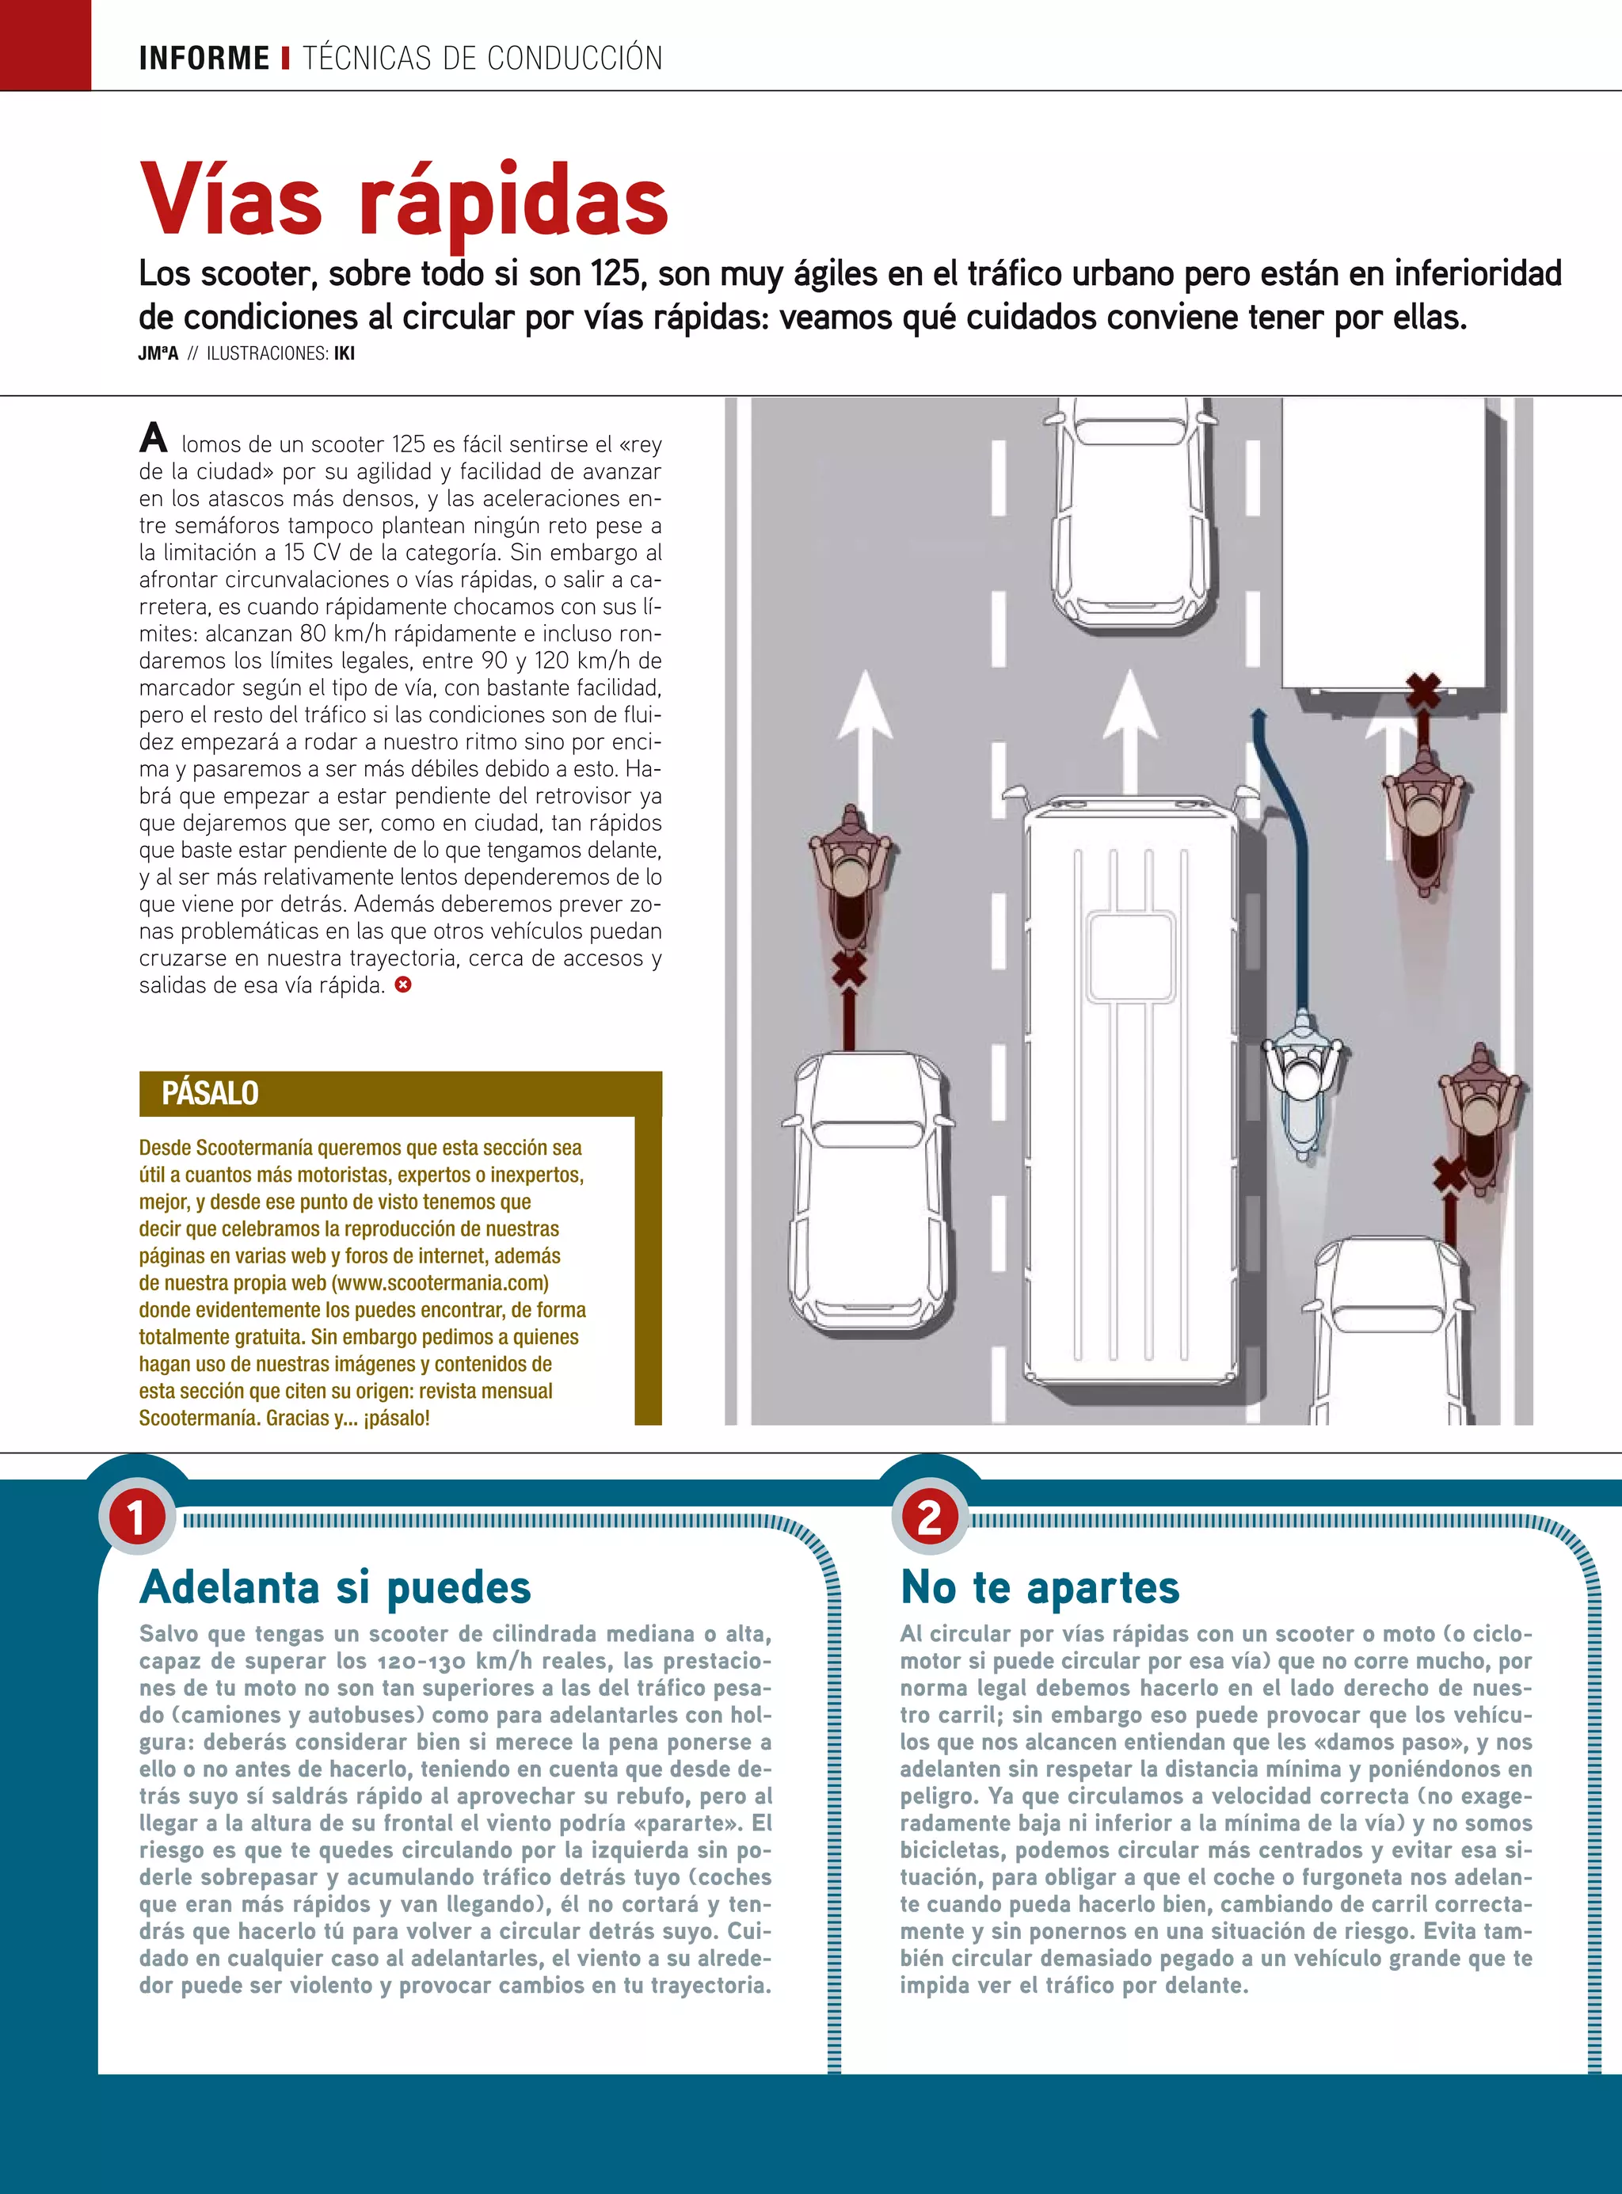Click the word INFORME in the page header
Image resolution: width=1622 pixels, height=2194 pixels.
click(x=204, y=58)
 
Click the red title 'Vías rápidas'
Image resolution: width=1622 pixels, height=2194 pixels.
click(x=404, y=202)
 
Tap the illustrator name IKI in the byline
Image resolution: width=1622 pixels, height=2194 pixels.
click(x=344, y=353)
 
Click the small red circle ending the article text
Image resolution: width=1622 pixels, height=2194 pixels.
click(x=402, y=984)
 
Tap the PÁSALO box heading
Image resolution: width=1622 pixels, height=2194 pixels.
click(x=210, y=1092)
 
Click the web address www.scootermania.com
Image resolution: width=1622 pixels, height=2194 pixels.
click(x=440, y=1283)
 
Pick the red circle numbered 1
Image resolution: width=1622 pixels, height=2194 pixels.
click(x=136, y=1518)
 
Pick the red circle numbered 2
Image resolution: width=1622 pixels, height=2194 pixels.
click(x=929, y=1518)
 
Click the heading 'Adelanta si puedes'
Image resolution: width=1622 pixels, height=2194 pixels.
click(x=335, y=1587)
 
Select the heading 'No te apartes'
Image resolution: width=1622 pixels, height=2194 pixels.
click(x=1040, y=1587)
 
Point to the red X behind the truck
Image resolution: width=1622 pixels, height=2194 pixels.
click(x=1422, y=691)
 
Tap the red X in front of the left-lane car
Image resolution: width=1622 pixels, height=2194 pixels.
click(x=849, y=971)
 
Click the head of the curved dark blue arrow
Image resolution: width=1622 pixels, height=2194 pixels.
click(x=1258, y=714)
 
